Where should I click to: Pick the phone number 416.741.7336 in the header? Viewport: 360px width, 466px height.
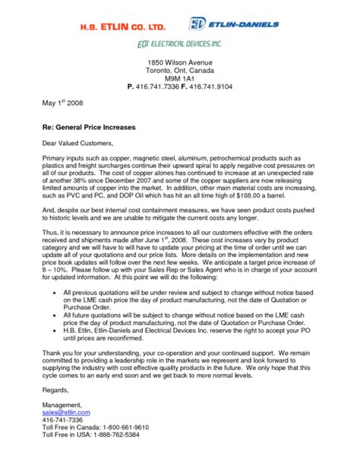coord(162,87)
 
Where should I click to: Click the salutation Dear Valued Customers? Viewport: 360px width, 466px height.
coord(77,142)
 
